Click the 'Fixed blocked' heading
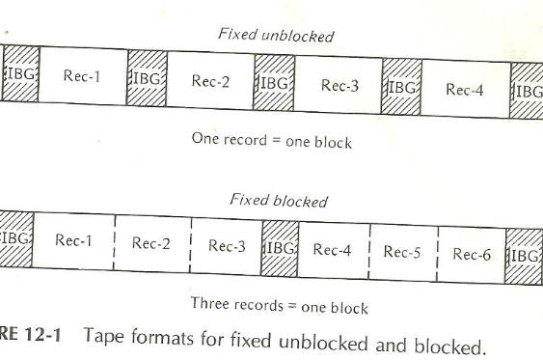pos(278,201)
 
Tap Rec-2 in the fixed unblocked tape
pos(209,82)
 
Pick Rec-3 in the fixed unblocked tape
pos(339,87)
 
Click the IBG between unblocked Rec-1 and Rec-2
pos(146,78)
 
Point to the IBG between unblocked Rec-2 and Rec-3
pos(273,84)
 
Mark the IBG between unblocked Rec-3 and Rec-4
pos(402,88)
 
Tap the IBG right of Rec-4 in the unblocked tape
pos(528,93)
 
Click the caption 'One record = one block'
pos(271,142)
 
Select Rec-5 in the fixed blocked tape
pos(404,253)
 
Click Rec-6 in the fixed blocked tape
pos(473,256)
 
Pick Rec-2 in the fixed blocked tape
pos(151,244)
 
